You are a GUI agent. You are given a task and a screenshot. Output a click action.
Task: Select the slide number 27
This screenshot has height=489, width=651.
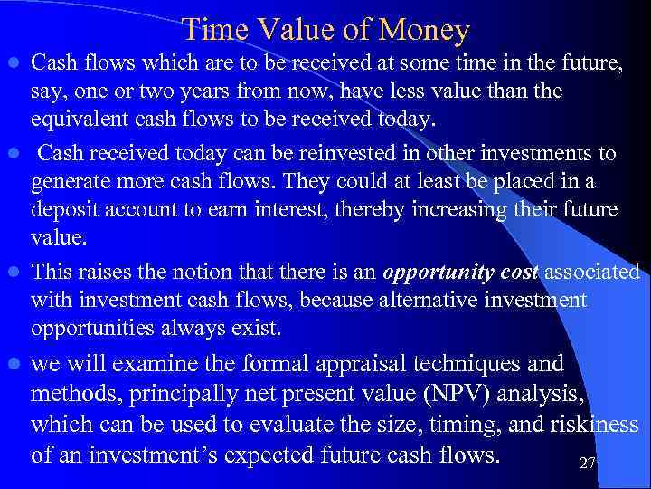588,464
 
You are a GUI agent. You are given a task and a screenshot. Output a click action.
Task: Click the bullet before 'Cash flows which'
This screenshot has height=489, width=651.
12,63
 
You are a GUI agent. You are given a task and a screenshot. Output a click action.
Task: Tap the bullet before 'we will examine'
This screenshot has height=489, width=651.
12,364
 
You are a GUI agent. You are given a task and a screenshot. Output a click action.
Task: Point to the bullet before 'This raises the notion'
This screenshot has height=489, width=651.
12,272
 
